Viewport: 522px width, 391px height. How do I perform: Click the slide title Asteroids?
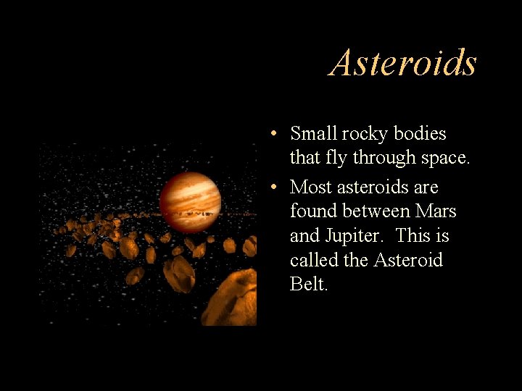coord(403,62)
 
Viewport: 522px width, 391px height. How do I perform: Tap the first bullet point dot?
coord(270,134)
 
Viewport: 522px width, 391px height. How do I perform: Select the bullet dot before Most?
coord(270,188)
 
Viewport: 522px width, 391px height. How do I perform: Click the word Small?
coord(313,134)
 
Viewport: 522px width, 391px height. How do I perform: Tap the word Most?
coord(312,188)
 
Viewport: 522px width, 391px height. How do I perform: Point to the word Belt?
coord(308,284)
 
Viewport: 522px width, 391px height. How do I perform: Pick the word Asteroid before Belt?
coord(407,260)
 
